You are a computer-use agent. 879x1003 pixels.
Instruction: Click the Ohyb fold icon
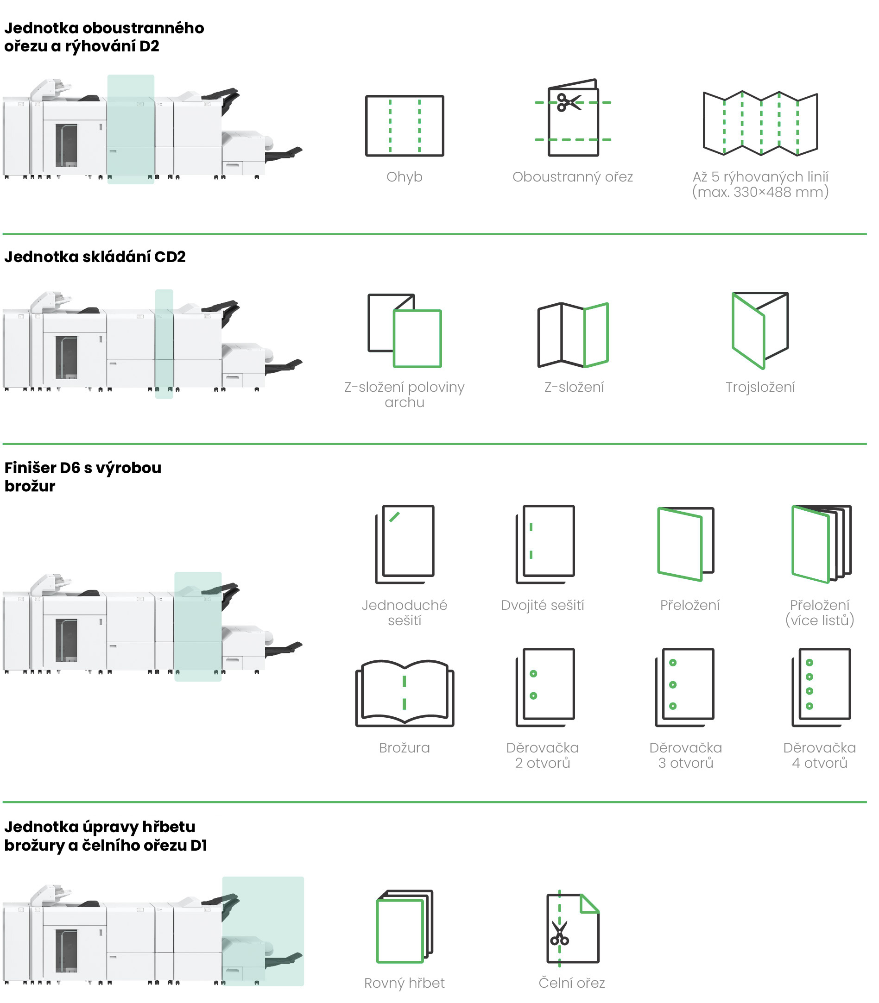404,126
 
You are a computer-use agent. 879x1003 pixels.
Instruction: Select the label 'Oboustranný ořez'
572,176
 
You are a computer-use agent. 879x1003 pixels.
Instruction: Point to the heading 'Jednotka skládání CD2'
95,257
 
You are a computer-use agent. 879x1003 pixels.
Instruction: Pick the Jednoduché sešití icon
405,544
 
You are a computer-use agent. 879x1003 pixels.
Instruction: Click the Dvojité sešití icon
545,544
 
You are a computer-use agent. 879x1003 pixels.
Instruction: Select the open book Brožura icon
405,693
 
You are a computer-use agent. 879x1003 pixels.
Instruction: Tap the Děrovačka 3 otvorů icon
685,687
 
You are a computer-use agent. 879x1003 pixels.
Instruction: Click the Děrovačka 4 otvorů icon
822,687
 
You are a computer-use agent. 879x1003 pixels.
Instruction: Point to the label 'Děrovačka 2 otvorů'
543,755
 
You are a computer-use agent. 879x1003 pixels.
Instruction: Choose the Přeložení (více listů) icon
822,544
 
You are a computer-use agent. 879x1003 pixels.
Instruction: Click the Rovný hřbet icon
405,927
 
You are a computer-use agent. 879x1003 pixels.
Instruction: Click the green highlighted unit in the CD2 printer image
164,344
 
